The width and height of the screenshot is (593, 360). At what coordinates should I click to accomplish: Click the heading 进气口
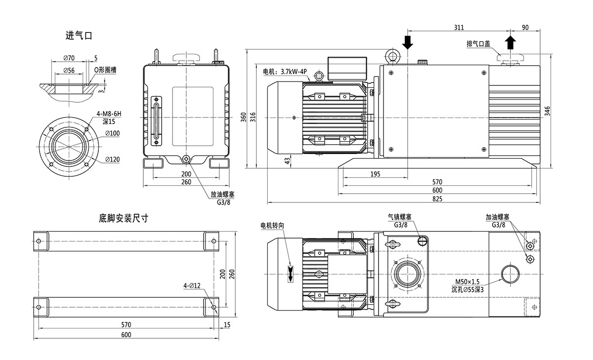pos(79,36)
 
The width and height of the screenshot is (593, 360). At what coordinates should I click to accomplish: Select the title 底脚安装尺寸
pos(123,217)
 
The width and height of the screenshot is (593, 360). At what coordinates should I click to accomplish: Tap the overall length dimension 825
pos(436,199)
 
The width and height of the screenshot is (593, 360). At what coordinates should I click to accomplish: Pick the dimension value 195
pos(375,173)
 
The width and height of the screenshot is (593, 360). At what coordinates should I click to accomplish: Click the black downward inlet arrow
pos(407,42)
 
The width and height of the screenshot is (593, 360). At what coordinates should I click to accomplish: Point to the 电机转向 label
pos(272,225)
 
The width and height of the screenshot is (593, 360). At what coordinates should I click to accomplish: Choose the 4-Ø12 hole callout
pos(192,286)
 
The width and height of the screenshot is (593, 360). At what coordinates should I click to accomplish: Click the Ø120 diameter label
pos(112,159)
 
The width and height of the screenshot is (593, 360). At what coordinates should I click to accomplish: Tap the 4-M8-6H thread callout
pos(109,114)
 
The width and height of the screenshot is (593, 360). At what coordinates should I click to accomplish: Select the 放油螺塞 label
pos(222,194)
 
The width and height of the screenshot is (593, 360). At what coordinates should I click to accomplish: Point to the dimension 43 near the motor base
pos(287,160)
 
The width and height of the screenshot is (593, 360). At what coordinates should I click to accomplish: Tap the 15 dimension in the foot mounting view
pos(227,324)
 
